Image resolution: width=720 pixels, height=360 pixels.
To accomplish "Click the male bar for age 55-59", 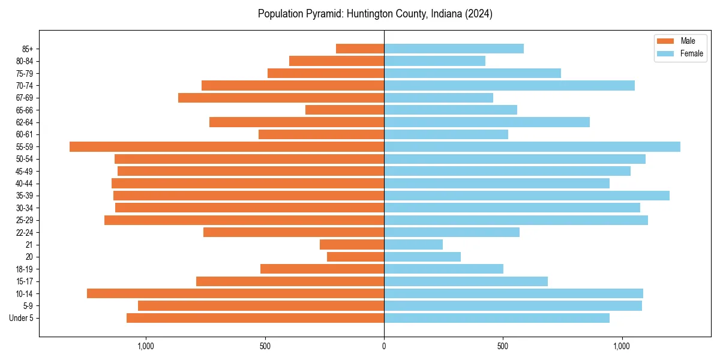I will [x=227, y=147].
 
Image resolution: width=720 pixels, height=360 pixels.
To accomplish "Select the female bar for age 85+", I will [x=454, y=49].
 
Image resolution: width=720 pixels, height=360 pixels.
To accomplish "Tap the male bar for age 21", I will [x=352, y=245].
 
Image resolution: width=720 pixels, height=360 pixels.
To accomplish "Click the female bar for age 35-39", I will [x=527, y=196].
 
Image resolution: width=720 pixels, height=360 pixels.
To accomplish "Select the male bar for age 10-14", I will [x=235, y=293].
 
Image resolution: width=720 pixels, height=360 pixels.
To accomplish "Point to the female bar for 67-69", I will [x=439, y=98].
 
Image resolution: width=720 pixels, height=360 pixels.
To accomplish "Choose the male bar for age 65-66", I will [x=344, y=110].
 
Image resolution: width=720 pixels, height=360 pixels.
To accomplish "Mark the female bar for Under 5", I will [x=497, y=318].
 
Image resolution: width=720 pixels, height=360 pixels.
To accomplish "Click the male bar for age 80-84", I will [x=337, y=61].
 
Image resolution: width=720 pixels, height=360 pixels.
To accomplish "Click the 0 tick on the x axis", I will [x=384, y=346].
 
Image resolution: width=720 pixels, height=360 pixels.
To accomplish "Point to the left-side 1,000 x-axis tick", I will [x=146, y=346].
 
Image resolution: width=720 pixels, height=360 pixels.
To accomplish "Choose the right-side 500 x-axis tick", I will [x=503, y=346].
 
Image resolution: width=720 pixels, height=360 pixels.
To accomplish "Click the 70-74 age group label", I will [x=24, y=86].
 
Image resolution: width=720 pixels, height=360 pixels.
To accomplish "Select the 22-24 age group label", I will [x=24, y=232].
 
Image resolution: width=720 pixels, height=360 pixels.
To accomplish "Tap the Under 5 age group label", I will [x=21, y=318].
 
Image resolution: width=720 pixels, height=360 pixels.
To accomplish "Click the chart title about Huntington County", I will [x=375, y=14].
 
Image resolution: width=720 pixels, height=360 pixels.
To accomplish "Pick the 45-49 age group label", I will [x=24, y=171].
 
